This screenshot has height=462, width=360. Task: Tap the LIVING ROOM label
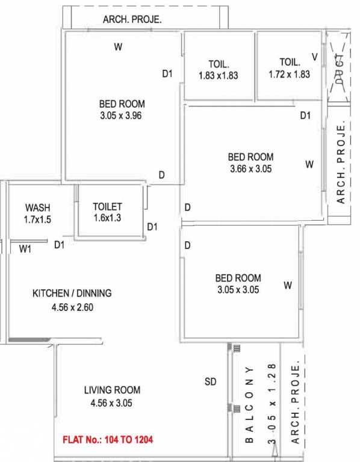112,390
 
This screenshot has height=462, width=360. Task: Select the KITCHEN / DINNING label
72,294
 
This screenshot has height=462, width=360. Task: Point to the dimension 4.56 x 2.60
72,307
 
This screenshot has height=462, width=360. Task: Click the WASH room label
37,207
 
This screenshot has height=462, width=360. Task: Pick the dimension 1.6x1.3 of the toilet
108,218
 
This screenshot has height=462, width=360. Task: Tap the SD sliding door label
211,382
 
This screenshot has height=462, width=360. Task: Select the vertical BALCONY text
249,404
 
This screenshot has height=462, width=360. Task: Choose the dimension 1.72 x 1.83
290,75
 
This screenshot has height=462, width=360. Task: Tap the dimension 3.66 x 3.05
251,169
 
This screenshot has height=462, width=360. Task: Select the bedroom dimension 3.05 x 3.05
238,289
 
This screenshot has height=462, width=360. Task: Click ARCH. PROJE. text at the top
132,19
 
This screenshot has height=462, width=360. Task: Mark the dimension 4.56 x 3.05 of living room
112,402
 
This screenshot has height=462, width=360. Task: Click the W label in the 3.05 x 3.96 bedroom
118,46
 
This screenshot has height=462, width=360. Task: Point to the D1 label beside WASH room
59,244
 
